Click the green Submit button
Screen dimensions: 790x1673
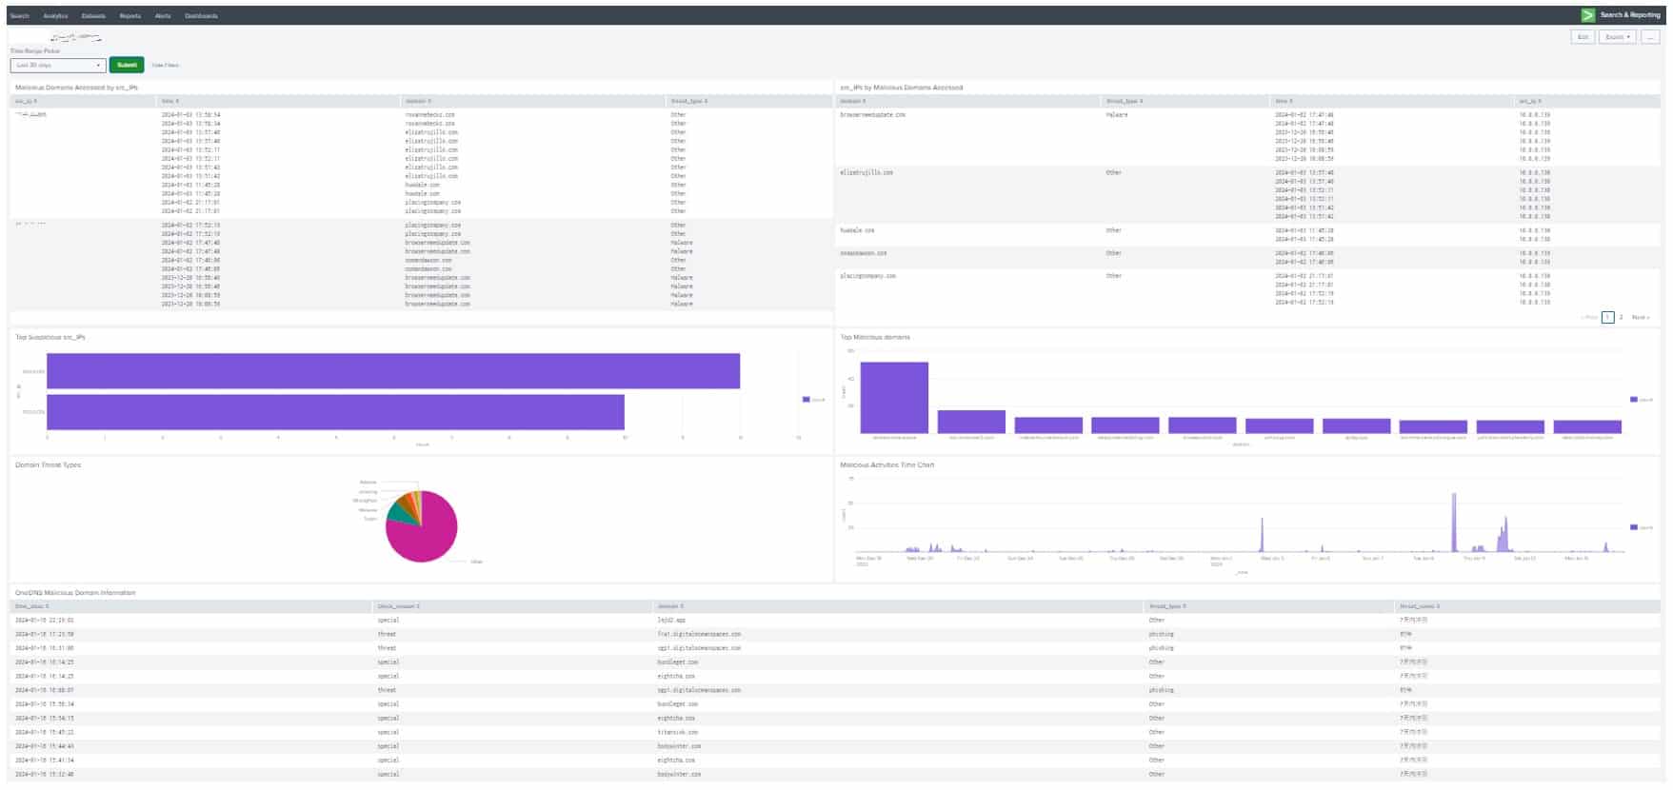point(127,65)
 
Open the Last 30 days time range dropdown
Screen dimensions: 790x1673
point(57,65)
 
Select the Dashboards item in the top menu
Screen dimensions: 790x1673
point(201,16)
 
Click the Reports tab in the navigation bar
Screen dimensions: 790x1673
point(130,16)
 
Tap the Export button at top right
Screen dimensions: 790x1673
point(1617,37)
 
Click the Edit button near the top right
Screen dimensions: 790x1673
point(1583,37)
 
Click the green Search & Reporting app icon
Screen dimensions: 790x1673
point(1588,15)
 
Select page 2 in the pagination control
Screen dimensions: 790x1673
point(1622,317)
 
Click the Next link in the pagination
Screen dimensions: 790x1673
point(1640,317)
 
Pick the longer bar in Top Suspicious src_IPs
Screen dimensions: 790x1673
point(392,371)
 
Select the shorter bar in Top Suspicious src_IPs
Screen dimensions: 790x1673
point(335,412)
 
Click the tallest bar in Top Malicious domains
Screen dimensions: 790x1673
point(894,398)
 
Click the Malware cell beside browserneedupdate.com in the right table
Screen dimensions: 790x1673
point(1117,115)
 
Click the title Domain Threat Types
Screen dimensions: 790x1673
point(48,465)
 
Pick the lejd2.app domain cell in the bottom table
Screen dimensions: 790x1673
point(671,620)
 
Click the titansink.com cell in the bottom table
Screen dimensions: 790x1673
point(678,732)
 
